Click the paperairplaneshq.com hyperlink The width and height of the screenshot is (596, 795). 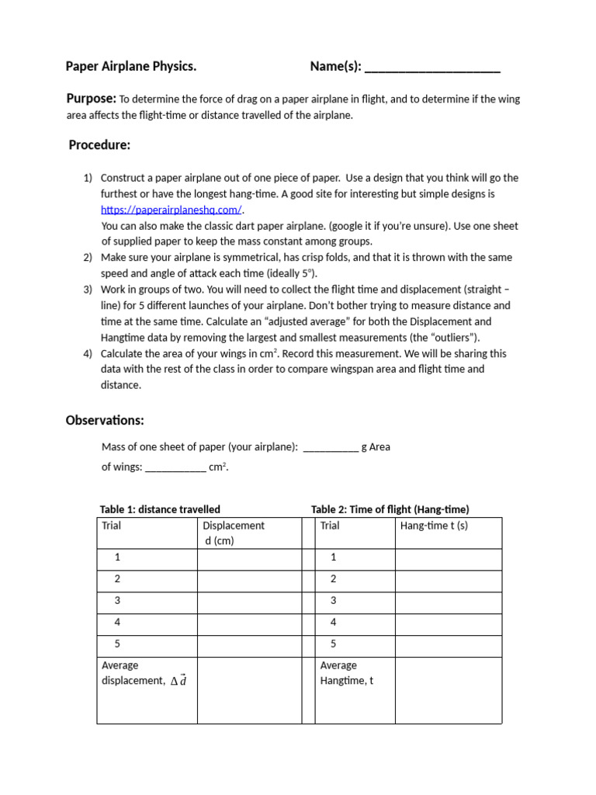pos(172,210)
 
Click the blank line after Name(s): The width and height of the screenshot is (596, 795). pos(432,68)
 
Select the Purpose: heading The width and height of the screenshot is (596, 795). pos(92,99)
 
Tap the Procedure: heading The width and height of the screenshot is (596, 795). pos(99,145)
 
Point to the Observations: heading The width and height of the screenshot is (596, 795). pos(105,421)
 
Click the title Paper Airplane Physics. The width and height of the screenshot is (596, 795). pos(131,67)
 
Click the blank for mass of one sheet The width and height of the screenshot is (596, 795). pos(331,448)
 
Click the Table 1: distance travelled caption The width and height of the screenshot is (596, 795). pos(160,509)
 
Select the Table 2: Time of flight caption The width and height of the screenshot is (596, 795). pos(390,509)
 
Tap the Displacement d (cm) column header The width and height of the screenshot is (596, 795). pos(234,533)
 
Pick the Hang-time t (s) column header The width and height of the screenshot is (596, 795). pos(434,526)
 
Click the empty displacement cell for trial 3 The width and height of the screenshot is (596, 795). pos(248,601)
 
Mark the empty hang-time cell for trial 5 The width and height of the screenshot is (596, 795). pos(448,644)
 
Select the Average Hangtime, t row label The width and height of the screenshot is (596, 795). pos(347,673)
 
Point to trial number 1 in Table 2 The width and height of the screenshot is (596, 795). pos(334,557)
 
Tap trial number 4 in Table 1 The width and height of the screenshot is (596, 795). pos(117,623)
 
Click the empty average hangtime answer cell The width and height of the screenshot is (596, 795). pos(448,689)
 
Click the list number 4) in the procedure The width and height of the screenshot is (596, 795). pos(88,353)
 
